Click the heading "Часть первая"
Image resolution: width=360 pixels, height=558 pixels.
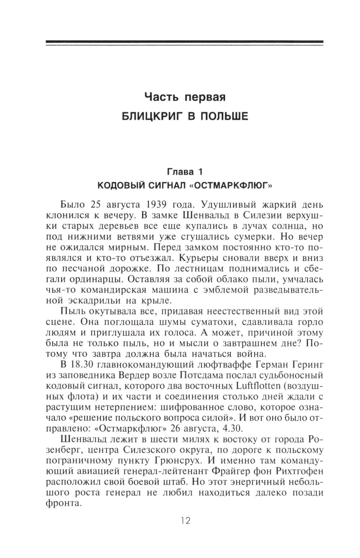coord(185,97)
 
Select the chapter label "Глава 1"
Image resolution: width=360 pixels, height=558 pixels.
coord(185,171)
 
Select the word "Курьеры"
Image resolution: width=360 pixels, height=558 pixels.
coord(199,258)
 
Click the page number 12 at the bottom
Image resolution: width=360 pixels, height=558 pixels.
coord(185,521)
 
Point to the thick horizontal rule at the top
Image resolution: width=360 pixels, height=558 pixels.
coord(185,43)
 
